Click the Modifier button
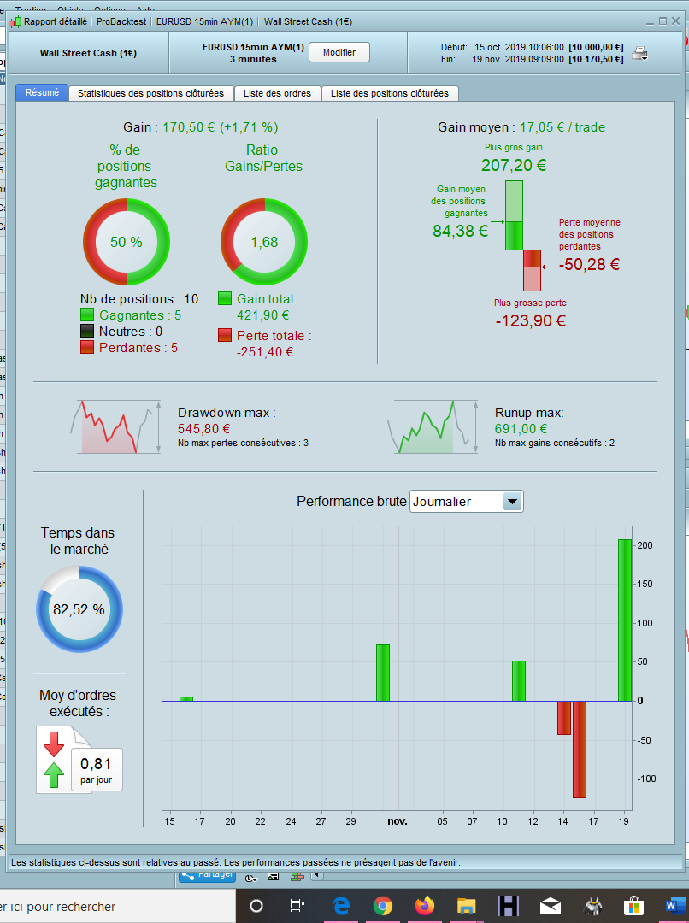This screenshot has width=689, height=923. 339,52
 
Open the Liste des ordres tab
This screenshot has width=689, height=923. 277,93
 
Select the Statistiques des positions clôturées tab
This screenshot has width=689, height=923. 150,93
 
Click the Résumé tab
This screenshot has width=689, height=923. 42,92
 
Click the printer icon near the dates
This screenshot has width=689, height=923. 639,53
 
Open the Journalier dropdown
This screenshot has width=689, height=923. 511,502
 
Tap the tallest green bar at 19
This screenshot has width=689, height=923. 625,620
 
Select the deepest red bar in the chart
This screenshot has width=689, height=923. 580,749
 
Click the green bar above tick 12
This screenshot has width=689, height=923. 519,680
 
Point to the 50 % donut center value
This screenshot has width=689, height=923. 126,242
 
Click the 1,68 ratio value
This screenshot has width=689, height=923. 264,242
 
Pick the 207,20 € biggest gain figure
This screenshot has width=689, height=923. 513,166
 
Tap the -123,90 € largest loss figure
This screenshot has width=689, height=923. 530,321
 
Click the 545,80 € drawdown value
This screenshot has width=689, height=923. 201,429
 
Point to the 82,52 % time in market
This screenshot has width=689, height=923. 79,609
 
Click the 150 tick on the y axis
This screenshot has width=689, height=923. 645,585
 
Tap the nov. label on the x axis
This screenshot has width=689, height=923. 397,821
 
